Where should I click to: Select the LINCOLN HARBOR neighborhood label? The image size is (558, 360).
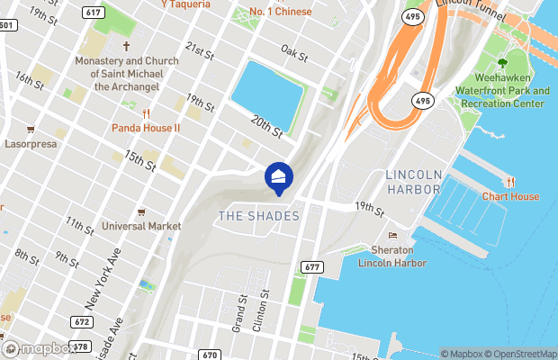point(413,182)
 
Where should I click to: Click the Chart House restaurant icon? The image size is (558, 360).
point(511,183)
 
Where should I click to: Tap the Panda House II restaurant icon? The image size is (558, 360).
point(146,112)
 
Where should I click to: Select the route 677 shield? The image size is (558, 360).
point(312,267)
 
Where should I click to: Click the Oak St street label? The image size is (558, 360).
point(293,53)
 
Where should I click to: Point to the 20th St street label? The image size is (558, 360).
point(266,127)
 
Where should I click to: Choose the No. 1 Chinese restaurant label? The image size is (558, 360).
point(280,12)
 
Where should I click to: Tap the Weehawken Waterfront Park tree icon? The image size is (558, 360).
point(502,63)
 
